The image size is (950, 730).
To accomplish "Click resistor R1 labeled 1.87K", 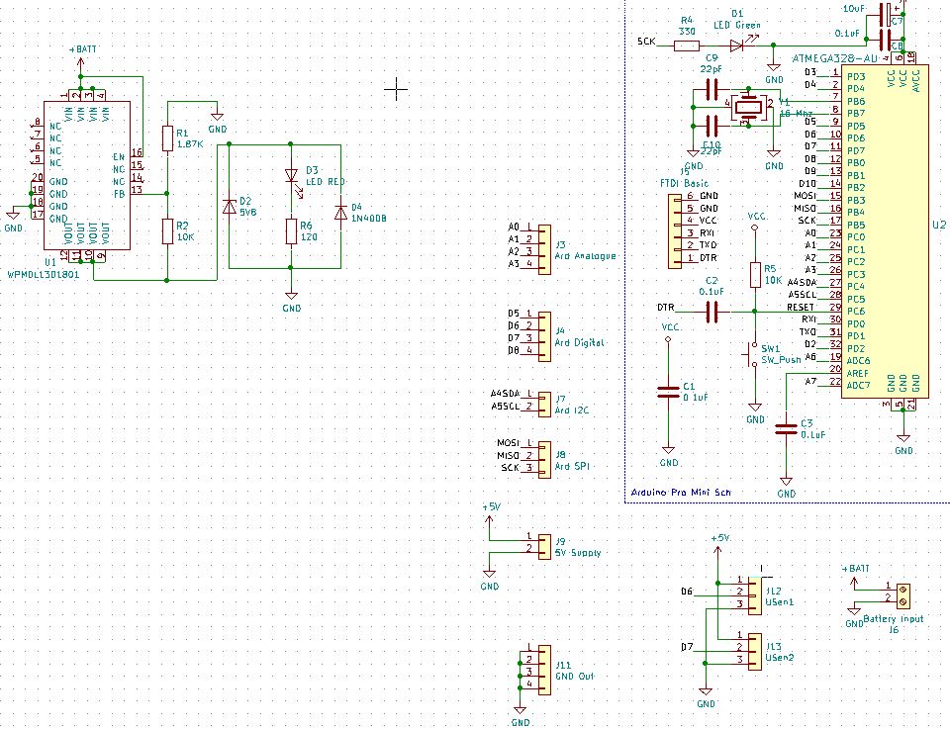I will click(167, 138).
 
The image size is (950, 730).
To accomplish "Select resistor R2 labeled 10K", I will click(167, 231).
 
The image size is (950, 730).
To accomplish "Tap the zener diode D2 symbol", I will click(230, 207).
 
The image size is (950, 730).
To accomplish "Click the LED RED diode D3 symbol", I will click(291, 176).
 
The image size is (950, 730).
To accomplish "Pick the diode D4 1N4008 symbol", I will click(340, 211).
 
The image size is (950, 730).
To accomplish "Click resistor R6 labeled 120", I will click(291, 231).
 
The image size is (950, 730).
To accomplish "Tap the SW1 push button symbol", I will click(750, 353).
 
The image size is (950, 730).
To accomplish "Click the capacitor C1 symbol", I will click(669, 392).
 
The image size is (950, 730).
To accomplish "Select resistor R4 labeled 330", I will click(686, 45).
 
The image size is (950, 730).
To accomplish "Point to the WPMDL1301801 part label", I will click(46, 273).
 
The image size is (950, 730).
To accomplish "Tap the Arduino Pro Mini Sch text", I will click(681, 492).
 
